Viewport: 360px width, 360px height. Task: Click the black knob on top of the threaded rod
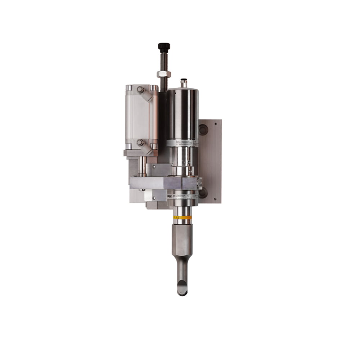pos(164,47)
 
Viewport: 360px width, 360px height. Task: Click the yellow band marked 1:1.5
pos(183,217)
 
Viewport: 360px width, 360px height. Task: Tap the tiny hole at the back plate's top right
pos(216,123)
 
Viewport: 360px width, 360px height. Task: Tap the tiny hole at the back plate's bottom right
pos(216,198)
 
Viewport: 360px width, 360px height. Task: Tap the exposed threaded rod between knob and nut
pos(164,61)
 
